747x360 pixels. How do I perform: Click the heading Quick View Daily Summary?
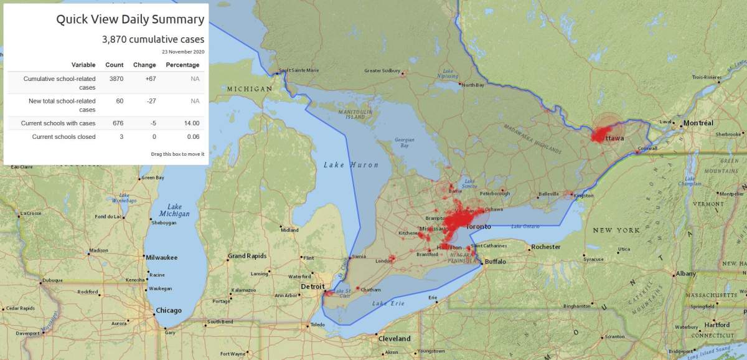(x=129, y=19)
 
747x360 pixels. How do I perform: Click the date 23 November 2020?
(x=182, y=52)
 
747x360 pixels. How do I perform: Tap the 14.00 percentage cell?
(x=191, y=123)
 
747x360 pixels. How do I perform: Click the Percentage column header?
(x=182, y=65)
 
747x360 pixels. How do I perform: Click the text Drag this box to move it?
(x=177, y=154)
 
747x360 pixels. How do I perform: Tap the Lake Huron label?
(x=342, y=165)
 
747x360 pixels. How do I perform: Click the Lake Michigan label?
(x=174, y=211)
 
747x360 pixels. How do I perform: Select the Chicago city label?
(x=169, y=311)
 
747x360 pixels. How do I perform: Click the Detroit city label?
(x=312, y=286)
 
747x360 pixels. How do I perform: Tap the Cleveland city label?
(x=395, y=339)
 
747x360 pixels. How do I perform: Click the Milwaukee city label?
(x=161, y=257)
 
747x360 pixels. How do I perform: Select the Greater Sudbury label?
(x=382, y=70)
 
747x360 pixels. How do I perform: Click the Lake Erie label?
(x=388, y=303)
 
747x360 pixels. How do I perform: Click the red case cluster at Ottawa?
(x=601, y=135)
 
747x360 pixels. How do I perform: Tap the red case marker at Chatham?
(x=358, y=288)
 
